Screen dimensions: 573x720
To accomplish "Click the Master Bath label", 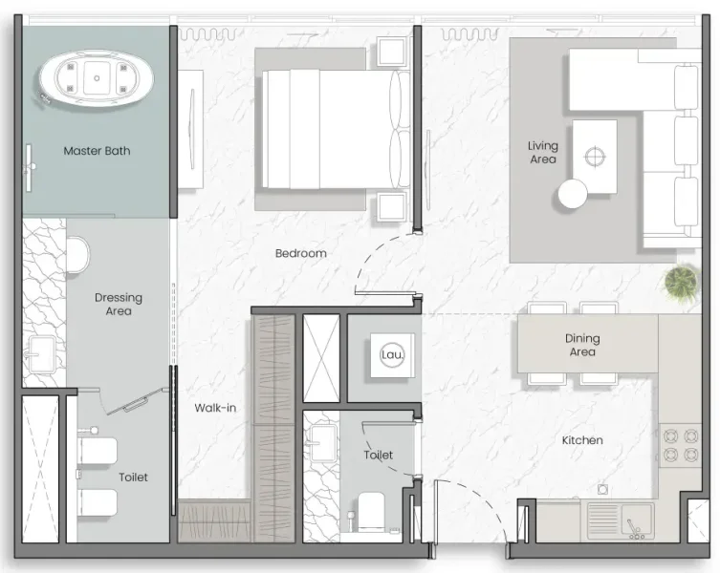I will coord(97,151).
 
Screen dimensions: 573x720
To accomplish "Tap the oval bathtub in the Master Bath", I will coord(97,78).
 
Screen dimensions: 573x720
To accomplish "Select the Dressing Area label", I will coord(119,304).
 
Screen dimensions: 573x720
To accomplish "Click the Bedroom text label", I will coord(300,253).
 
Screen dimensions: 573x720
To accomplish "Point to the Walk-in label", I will coord(215,408).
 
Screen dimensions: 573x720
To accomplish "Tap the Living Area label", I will coord(542,153).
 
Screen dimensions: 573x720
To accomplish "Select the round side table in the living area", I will coord(573,194).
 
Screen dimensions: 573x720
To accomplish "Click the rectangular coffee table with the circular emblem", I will coord(594,155).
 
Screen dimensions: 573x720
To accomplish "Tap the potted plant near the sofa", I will coord(682,283).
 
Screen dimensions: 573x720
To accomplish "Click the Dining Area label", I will coord(582,345).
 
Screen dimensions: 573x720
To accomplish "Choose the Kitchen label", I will coord(582,440).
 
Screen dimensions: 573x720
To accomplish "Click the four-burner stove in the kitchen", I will coord(682,444).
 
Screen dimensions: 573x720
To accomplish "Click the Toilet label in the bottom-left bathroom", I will coord(133,477).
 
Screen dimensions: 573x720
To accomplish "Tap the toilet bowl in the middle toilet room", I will coord(370,512).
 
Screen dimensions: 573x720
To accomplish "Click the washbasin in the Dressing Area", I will coord(43,350).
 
